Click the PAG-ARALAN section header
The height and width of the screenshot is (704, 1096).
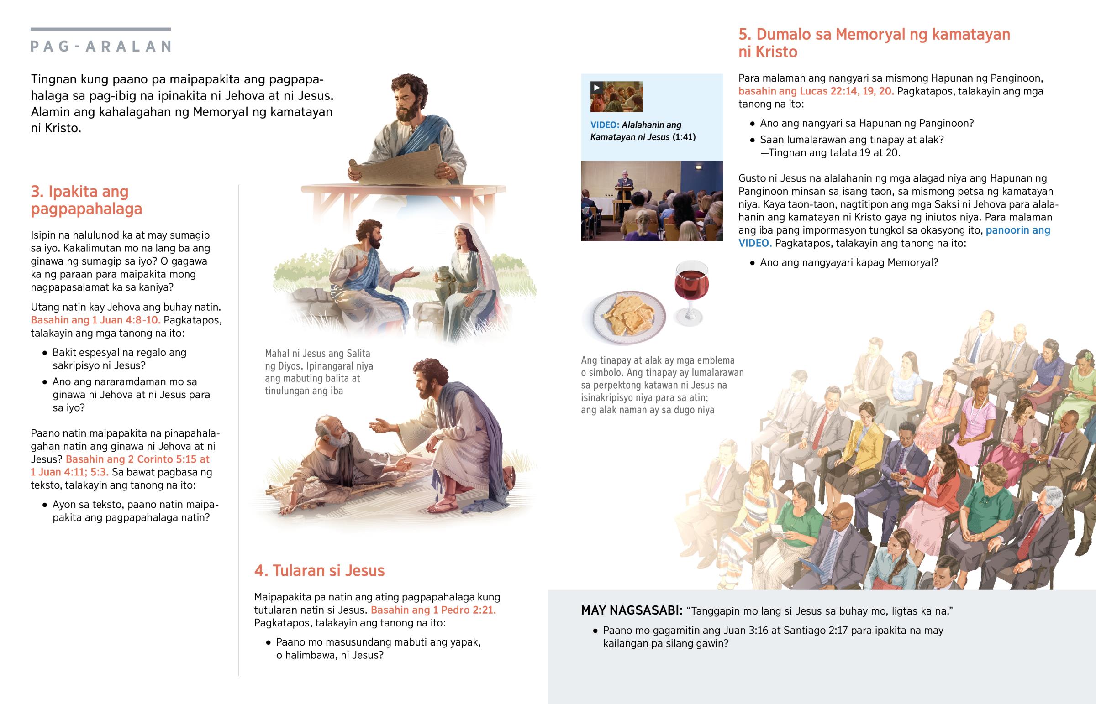100,46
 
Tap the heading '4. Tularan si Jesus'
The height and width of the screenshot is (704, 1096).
319,570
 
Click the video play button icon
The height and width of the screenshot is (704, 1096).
596,88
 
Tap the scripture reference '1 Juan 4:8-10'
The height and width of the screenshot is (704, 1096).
126,320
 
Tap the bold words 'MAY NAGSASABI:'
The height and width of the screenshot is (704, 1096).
632,611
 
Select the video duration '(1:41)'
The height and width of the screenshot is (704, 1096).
684,137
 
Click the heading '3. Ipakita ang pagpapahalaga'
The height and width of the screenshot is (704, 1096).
86,200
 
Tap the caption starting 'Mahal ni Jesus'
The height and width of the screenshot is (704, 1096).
318,372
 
